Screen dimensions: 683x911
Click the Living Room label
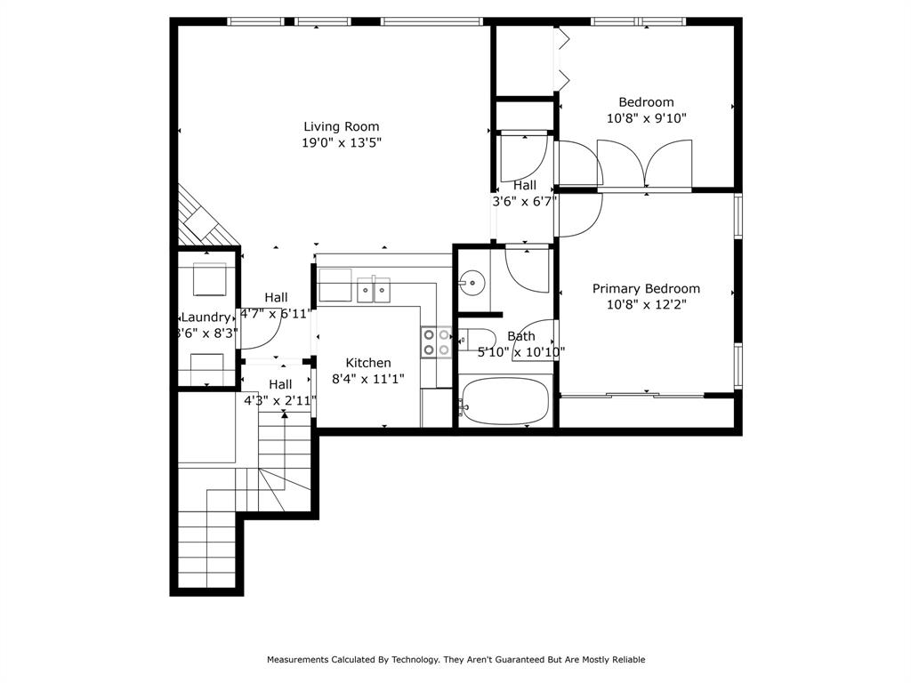click(x=341, y=126)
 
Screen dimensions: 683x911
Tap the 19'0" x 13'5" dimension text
click(x=341, y=142)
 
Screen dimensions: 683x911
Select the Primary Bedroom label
click(x=646, y=288)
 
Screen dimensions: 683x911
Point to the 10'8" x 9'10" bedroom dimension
click(x=646, y=117)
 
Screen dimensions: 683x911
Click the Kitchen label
click(x=368, y=363)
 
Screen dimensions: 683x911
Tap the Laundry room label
click(x=206, y=317)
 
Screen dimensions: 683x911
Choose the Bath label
click(x=521, y=336)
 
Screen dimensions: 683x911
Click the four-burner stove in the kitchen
click(x=436, y=342)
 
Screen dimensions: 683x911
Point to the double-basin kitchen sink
click(x=374, y=290)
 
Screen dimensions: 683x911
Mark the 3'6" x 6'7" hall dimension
click(x=525, y=201)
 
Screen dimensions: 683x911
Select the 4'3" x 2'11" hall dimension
click(x=280, y=400)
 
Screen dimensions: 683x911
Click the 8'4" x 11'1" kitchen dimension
click(x=368, y=379)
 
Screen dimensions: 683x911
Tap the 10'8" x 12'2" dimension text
click(x=646, y=304)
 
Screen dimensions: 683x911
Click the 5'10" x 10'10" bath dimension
click(x=521, y=351)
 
